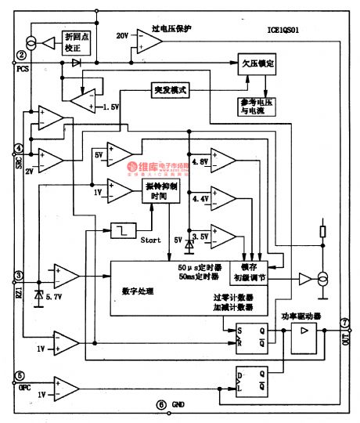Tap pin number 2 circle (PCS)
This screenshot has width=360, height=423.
21,56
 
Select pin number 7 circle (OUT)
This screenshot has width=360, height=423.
345,323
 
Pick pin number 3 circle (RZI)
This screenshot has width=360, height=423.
19,276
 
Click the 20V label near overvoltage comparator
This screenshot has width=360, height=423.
121,36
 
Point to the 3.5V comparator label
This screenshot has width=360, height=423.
201,234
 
